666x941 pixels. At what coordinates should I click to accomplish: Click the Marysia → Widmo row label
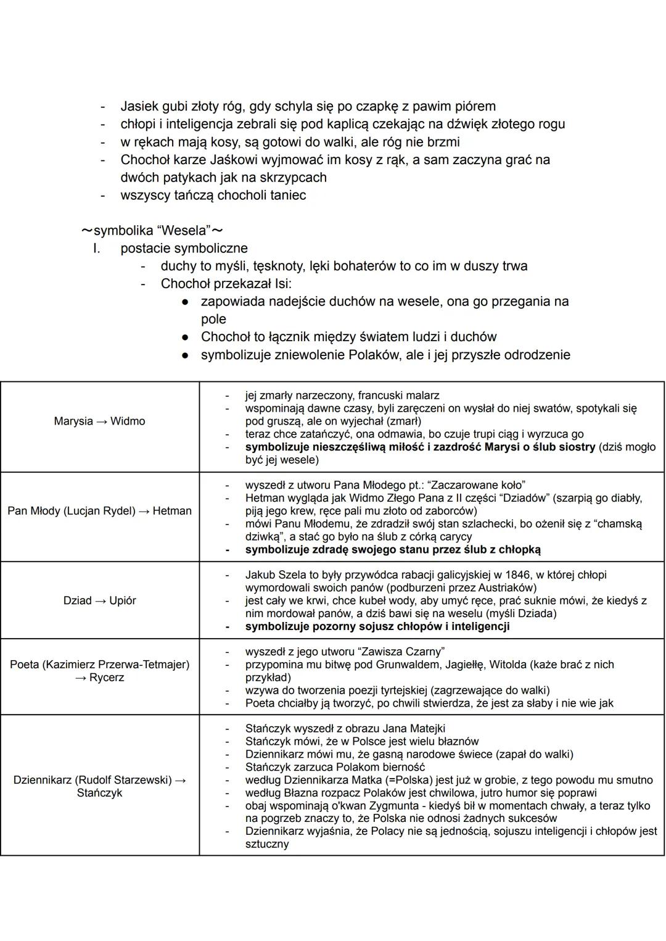coord(99,421)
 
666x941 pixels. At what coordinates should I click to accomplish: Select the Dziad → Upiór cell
coord(99,600)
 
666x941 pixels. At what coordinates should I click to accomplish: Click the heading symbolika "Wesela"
coord(152,231)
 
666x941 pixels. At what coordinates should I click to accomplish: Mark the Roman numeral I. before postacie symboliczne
coord(96,249)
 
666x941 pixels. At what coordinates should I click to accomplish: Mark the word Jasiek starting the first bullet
coord(139,106)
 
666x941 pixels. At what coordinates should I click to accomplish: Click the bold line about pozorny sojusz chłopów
coord(377,626)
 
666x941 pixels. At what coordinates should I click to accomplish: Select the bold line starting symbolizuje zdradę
coord(392,549)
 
